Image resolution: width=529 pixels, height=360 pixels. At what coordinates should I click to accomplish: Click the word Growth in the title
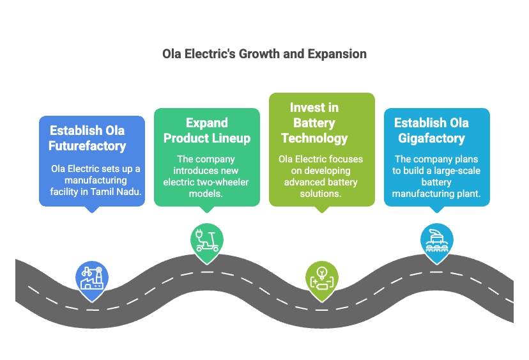pyautogui.click(x=259, y=54)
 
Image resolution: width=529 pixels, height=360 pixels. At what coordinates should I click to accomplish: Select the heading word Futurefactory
pyautogui.click(x=87, y=146)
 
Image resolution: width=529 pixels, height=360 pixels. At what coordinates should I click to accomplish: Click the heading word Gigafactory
pyautogui.click(x=431, y=139)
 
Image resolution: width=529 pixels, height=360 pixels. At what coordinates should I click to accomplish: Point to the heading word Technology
pyautogui.click(x=314, y=139)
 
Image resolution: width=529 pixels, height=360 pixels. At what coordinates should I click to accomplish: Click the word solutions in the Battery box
pyautogui.click(x=321, y=194)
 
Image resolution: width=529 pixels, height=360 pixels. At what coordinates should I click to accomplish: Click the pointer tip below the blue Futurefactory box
pyautogui.click(x=92, y=213)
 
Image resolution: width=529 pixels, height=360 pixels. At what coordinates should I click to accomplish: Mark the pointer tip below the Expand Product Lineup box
pyautogui.click(x=207, y=213)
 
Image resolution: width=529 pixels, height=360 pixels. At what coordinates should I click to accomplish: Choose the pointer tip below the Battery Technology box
pyautogui.click(x=322, y=213)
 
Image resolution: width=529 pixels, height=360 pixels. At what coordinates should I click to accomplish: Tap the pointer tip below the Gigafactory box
pyautogui.click(x=437, y=213)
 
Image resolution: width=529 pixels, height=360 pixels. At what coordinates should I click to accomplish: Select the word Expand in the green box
pyautogui.click(x=207, y=123)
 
